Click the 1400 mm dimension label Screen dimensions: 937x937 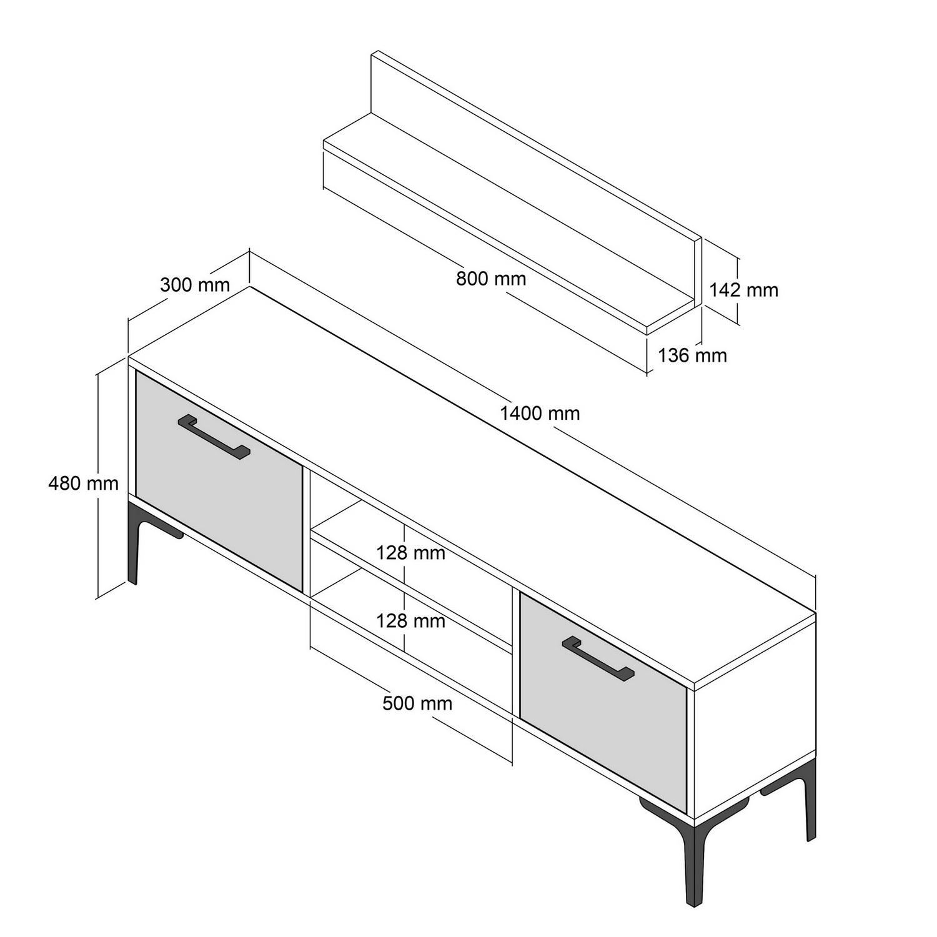(540, 413)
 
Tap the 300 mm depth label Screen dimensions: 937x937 (195, 285)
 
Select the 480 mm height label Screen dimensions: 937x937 (83, 483)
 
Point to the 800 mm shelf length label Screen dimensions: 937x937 (491, 278)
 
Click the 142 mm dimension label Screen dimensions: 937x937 (743, 290)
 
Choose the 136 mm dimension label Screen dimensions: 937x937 (692, 355)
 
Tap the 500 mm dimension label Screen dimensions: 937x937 (417, 703)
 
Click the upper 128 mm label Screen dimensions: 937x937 (410, 553)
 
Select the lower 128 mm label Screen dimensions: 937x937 (410, 621)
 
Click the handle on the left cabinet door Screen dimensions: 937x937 (214, 437)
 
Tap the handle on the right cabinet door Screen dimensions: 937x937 (598, 657)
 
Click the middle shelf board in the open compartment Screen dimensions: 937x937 (412, 587)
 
